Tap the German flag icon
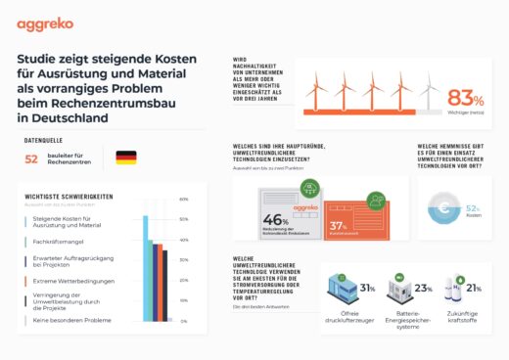click(125, 157)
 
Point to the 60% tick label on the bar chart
click(183, 200)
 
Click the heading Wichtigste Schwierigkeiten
click(69, 196)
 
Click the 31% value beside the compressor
click(368, 289)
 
